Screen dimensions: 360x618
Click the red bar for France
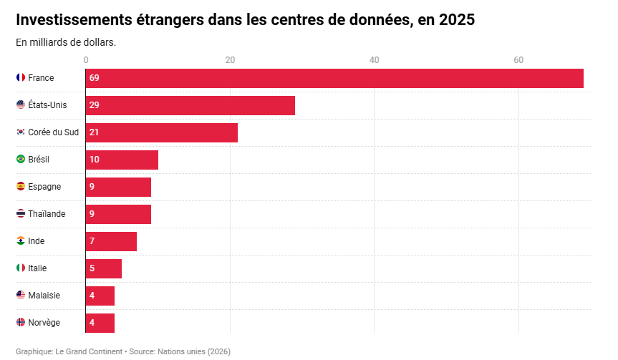pyautogui.click(x=334, y=78)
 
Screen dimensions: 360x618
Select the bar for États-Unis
pyautogui.click(x=190, y=105)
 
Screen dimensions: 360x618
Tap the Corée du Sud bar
pyautogui.click(x=162, y=132)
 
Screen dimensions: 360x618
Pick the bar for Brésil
pyautogui.click(x=122, y=160)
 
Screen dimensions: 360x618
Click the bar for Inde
pyautogui.click(x=111, y=241)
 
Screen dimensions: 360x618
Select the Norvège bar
pyautogui.click(x=100, y=323)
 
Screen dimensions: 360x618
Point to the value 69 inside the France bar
pyautogui.click(x=95, y=78)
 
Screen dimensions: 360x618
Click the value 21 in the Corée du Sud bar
pyautogui.click(x=95, y=132)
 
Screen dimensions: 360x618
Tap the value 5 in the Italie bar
pyautogui.click(x=92, y=268)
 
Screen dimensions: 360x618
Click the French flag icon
pyautogui.click(x=21, y=77)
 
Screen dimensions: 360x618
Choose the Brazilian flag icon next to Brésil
pyautogui.click(x=21, y=159)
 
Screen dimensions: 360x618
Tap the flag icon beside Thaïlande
pyautogui.click(x=21, y=213)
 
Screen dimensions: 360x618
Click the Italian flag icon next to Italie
pyautogui.click(x=21, y=268)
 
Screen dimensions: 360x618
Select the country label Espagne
pyautogui.click(x=44, y=187)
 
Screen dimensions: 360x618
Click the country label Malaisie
pyautogui.click(x=44, y=296)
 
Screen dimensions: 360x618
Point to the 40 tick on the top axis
pyautogui.click(x=374, y=60)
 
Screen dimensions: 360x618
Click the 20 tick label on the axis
pyautogui.click(x=230, y=60)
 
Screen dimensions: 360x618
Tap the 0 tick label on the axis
pyautogui.click(x=86, y=60)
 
